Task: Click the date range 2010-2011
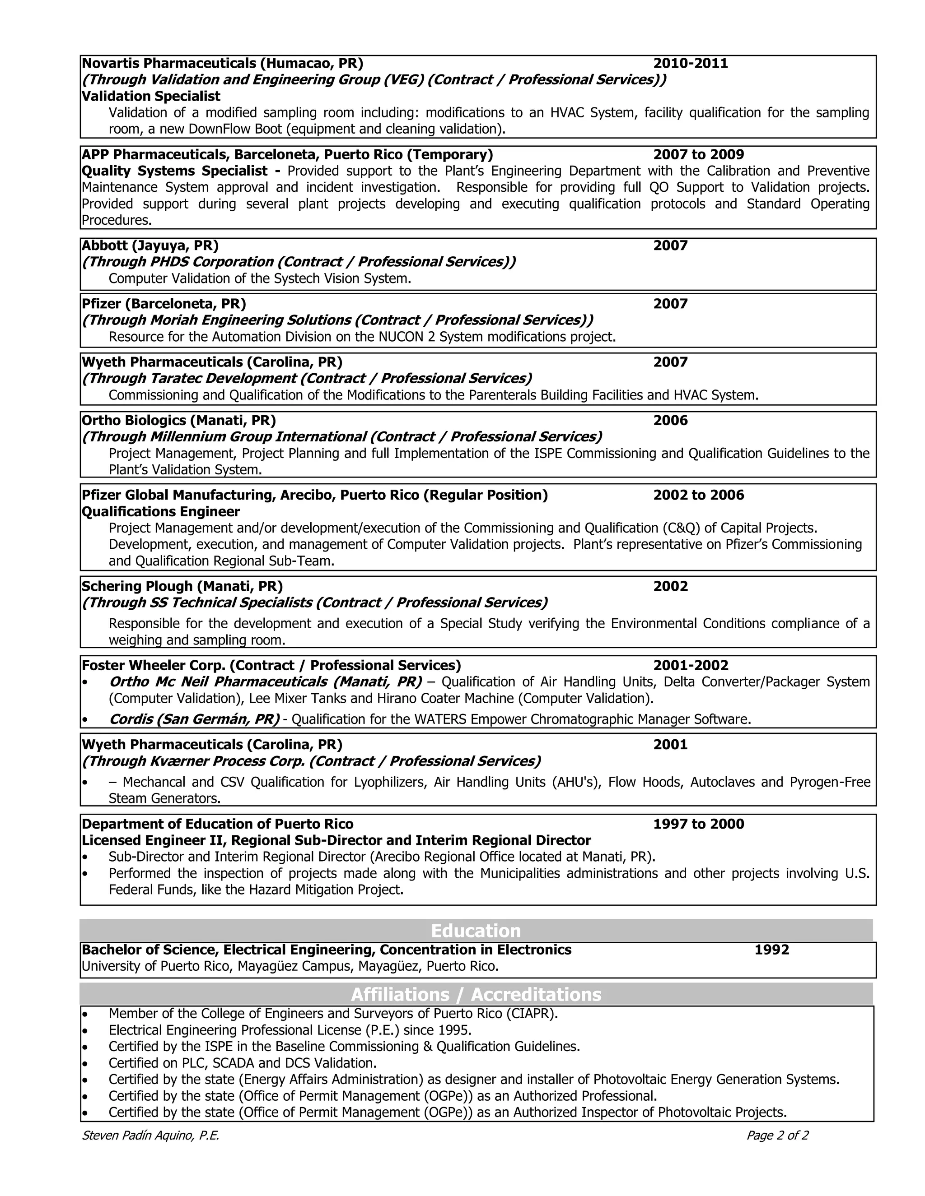pyautogui.click(x=690, y=64)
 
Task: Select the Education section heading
pyautogui.click(x=475, y=931)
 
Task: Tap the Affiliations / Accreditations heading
pyautogui.click(x=475, y=994)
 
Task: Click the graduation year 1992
pyautogui.click(x=771, y=950)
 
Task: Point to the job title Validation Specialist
pyautogui.click(x=151, y=97)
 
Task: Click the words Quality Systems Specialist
pyautogui.click(x=174, y=171)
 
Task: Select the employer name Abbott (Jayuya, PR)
pyautogui.click(x=149, y=246)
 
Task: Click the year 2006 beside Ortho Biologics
pyautogui.click(x=670, y=421)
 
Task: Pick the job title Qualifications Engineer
pyautogui.click(x=160, y=511)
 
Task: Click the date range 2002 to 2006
pyautogui.click(x=698, y=495)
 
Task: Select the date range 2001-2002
pyautogui.click(x=691, y=665)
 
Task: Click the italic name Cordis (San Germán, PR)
pyautogui.click(x=194, y=719)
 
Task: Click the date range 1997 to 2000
pyautogui.click(x=698, y=824)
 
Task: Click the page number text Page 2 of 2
pyautogui.click(x=776, y=1135)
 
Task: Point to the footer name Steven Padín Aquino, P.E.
pyautogui.click(x=150, y=1135)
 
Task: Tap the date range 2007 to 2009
pyautogui.click(x=698, y=154)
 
